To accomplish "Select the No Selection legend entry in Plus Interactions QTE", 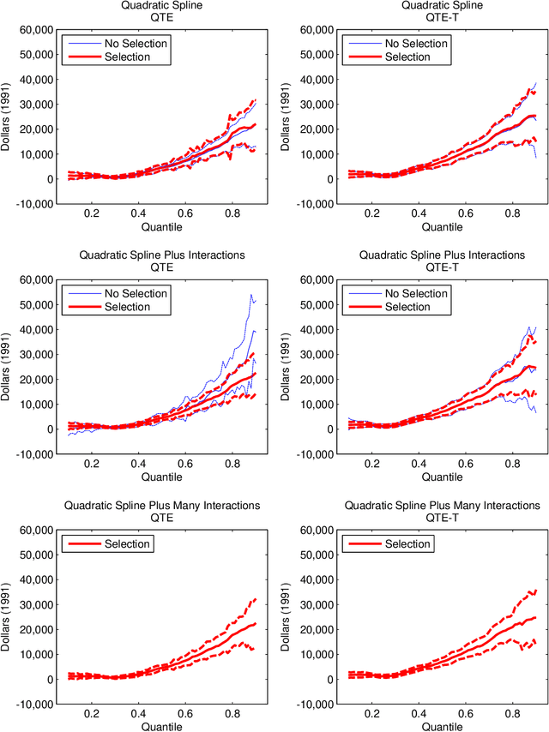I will tap(136, 293).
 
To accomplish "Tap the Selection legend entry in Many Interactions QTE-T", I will tap(407, 543).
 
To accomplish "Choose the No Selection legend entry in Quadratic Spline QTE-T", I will tap(415, 43).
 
